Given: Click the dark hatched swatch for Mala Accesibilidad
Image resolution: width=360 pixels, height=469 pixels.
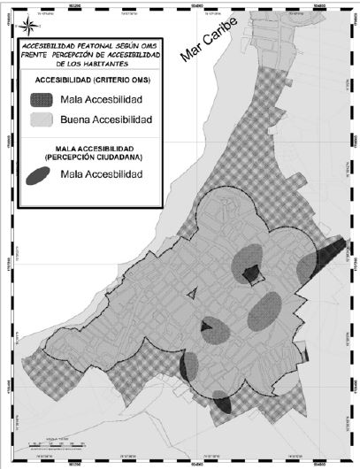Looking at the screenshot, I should pyautogui.click(x=45, y=99).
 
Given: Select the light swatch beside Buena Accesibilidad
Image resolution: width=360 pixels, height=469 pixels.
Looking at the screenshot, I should pyautogui.click(x=45, y=118).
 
